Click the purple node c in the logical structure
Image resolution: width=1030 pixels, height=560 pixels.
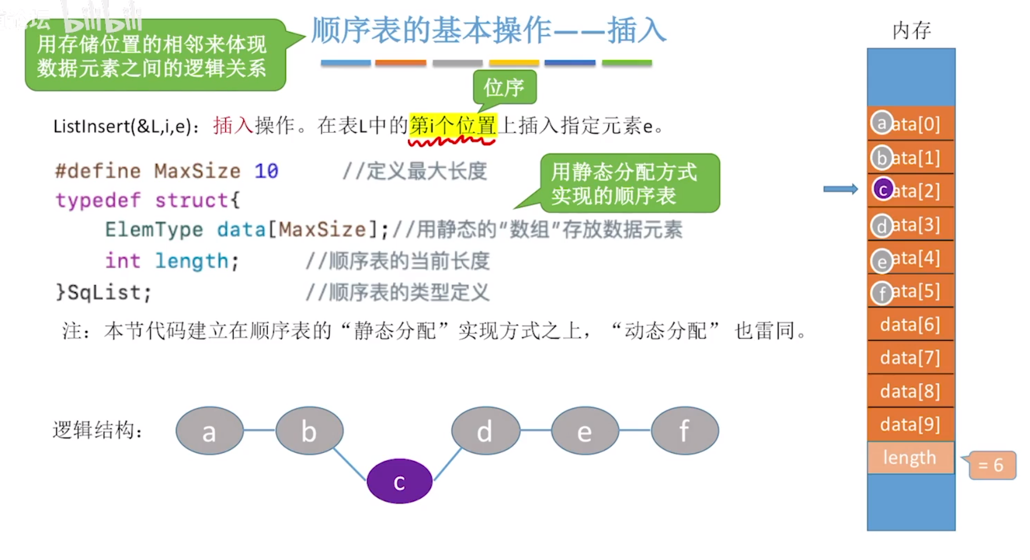399,481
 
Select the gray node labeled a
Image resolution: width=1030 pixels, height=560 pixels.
209,431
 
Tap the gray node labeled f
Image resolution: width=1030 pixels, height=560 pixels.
685,431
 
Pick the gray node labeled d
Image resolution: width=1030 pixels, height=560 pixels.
485,431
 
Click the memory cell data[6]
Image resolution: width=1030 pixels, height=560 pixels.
910,325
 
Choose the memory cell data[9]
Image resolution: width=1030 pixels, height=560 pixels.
910,424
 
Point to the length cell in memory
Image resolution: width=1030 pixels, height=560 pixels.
910,458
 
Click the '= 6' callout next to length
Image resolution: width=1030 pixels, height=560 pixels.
992,465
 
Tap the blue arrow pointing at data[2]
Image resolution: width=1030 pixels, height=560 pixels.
840,189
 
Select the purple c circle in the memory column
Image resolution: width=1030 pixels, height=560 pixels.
883,190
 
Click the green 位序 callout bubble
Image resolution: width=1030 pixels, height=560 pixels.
504,88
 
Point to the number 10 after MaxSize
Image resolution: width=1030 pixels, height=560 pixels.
266,171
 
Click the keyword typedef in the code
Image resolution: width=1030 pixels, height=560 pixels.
98,200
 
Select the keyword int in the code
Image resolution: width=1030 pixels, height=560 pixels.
122,261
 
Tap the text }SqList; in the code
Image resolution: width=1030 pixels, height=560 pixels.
104,292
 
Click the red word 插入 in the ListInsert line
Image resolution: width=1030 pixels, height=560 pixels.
233,125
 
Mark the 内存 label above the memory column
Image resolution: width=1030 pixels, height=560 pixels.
911,30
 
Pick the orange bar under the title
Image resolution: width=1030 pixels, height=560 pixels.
400,63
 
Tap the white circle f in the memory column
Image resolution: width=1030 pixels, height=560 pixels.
882,293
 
